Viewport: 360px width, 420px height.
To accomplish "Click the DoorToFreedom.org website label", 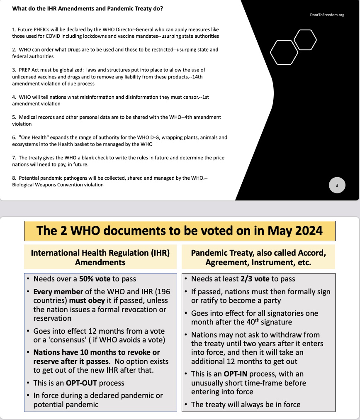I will click(x=327, y=15).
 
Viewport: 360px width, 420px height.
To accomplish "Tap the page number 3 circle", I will click(x=337, y=186).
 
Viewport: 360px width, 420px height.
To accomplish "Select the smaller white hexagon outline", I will click(x=305, y=39).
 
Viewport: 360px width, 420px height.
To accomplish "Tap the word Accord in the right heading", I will click(x=310, y=252).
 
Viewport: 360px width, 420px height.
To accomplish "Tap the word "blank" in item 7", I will click(x=77, y=158).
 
